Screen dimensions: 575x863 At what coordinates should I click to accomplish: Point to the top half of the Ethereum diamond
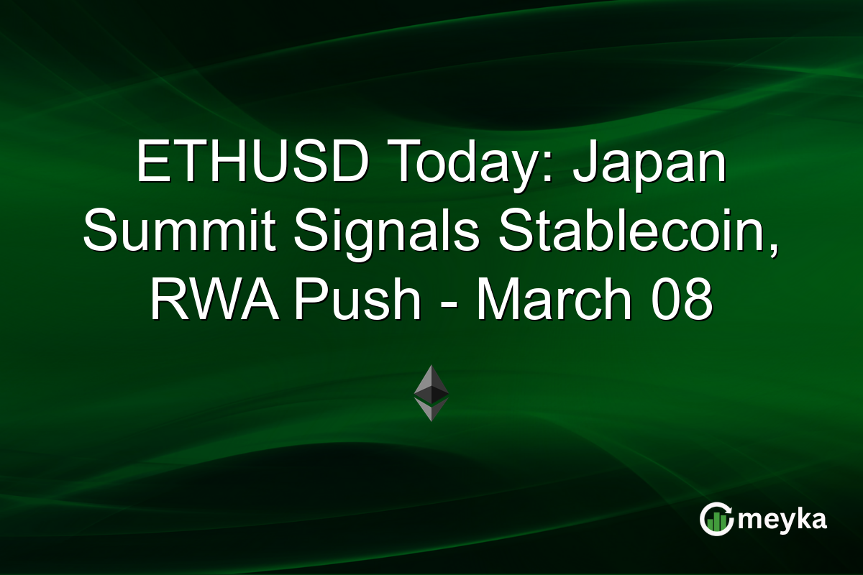pos(431,381)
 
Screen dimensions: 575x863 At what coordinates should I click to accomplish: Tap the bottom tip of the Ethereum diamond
pos(431,420)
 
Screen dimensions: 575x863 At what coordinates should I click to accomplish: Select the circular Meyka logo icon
pos(716,519)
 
